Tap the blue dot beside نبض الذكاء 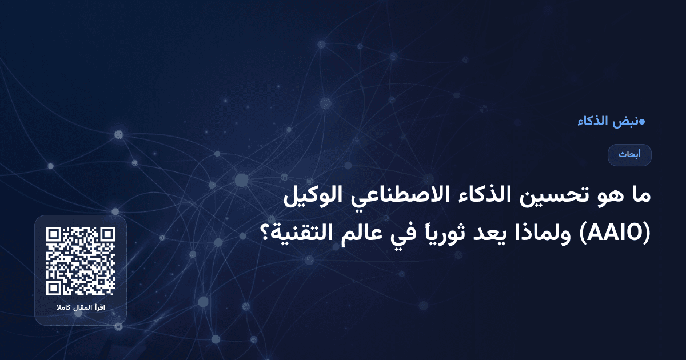(x=641, y=121)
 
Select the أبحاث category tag (x=629, y=155)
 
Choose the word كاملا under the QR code (x=63, y=309)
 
